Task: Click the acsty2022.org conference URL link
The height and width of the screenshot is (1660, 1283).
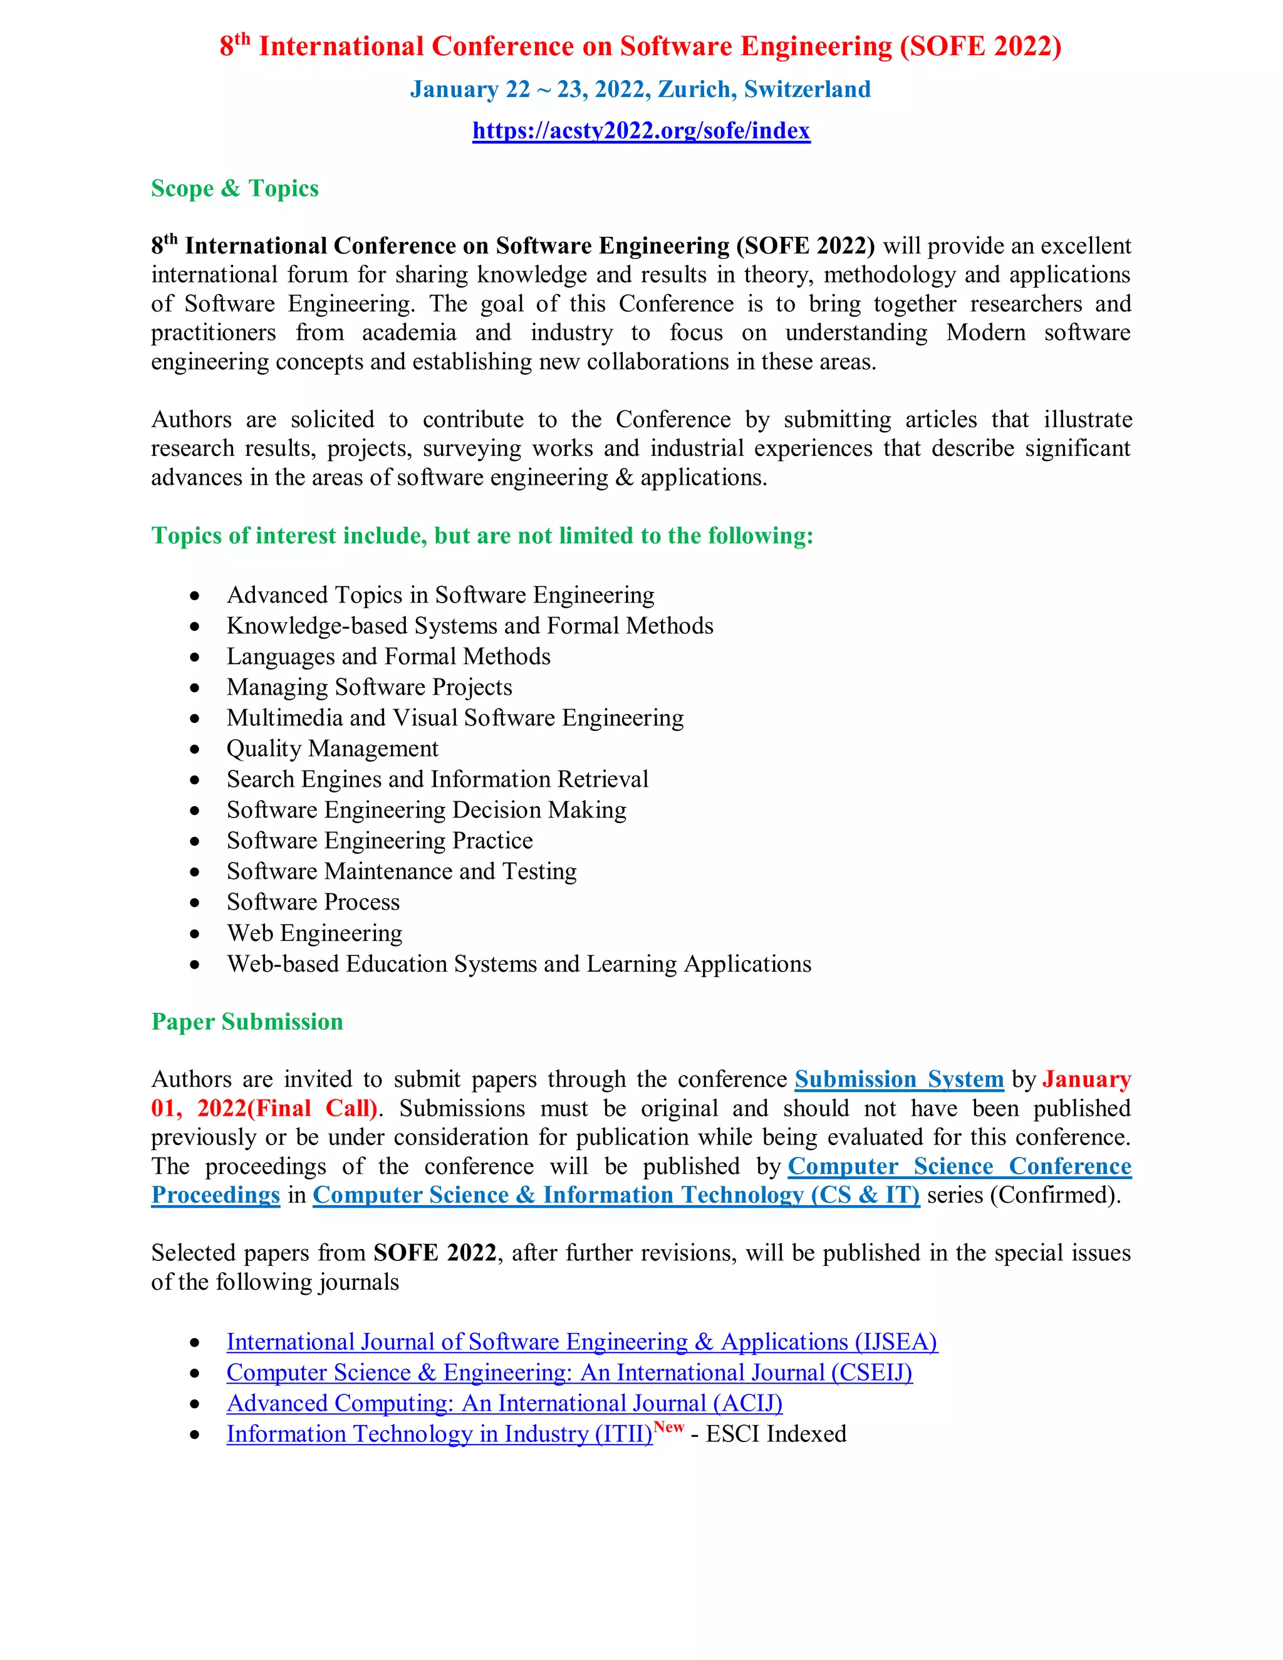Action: point(641,131)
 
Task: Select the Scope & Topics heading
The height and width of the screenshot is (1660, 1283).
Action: point(235,188)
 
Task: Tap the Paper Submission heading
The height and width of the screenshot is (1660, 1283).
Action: point(247,1022)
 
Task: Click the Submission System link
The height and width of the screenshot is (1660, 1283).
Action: point(898,1079)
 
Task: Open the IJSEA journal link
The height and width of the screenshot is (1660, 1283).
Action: point(581,1342)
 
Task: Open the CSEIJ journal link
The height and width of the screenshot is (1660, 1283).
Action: point(569,1372)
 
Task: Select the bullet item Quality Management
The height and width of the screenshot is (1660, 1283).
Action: point(332,749)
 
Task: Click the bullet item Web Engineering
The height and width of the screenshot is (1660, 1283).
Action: point(314,933)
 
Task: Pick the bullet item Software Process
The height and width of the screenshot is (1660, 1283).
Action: point(313,902)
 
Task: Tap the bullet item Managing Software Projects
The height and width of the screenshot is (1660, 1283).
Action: point(370,687)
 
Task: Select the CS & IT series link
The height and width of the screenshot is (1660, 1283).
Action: point(616,1196)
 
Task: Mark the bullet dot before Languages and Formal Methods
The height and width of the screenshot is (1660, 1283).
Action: point(195,658)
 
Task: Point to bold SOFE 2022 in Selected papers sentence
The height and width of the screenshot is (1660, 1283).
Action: point(435,1253)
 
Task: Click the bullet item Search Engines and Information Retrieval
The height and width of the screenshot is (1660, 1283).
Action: point(437,780)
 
